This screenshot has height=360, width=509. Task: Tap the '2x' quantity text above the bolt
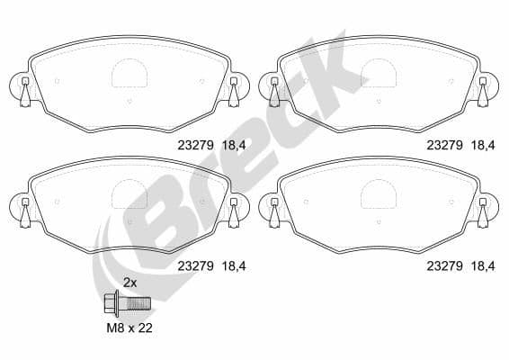coord(129,283)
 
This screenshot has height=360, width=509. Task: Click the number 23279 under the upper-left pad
coord(193,143)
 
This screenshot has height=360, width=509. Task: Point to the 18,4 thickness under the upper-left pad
coord(231,143)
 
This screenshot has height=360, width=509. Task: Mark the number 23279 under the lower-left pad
coord(193,265)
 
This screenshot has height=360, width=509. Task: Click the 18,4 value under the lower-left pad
coord(231,265)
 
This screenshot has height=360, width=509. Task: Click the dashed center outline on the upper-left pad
coord(129,73)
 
